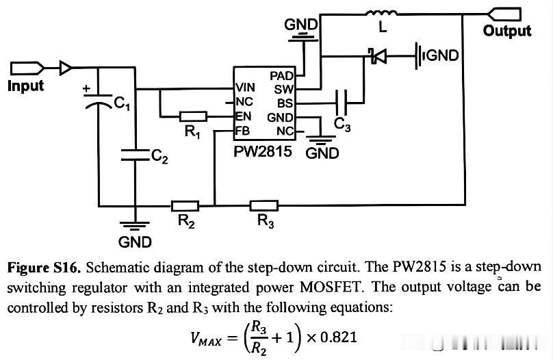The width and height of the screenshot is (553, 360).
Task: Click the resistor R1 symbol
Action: pyautogui.click(x=193, y=116)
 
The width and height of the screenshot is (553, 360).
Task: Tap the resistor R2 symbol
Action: pyautogui.click(x=185, y=205)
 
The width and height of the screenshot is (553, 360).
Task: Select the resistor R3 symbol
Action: pyautogui.click(x=263, y=205)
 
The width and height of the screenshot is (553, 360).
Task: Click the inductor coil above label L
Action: pyautogui.click(x=381, y=14)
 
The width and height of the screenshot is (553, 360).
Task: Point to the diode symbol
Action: pyautogui.click(x=377, y=55)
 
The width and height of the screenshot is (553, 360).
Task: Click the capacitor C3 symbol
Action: pyautogui.click(x=341, y=103)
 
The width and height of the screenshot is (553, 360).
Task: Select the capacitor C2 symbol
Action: pyautogui.click(x=135, y=155)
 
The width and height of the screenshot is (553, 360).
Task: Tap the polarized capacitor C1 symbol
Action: pyautogui.click(x=99, y=100)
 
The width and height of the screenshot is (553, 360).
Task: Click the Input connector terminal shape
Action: pyautogui.click(x=27, y=68)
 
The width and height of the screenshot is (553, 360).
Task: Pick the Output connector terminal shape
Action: pyautogui.click(x=504, y=14)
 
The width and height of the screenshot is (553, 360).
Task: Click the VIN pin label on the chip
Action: pyautogui.click(x=245, y=88)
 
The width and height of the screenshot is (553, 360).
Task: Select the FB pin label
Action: pyautogui.click(x=243, y=131)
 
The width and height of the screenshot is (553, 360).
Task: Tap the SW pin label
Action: pyautogui.click(x=284, y=90)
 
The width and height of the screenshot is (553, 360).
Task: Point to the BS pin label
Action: pyautogui.click(x=285, y=103)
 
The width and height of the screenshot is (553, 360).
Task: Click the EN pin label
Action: pyautogui.click(x=243, y=116)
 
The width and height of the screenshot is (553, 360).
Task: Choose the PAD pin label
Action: pyautogui.click(x=281, y=76)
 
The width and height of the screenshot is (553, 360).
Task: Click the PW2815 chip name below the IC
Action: pyautogui.click(x=263, y=152)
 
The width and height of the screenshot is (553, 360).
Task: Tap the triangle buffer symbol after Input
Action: pyautogui.click(x=66, y=68)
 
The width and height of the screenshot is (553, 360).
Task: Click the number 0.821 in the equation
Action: pyautogui.click(x=338, y=337)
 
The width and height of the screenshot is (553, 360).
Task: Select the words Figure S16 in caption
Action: pyautogui.click(x=44, y=268)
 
